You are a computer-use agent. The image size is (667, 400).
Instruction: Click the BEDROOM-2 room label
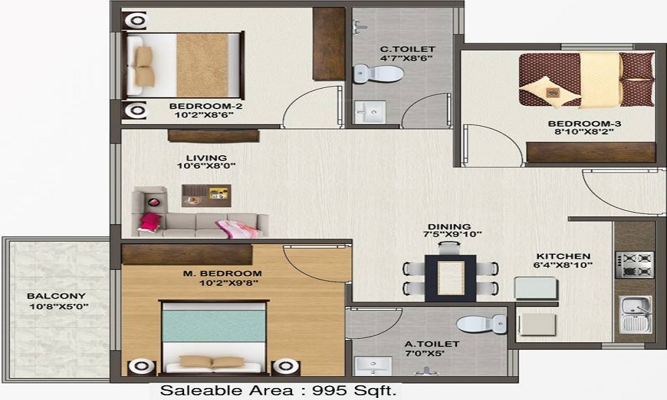coord(205,106)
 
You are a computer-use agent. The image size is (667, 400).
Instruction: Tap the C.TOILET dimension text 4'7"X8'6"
coord(406,58)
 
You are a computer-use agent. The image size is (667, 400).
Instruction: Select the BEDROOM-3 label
coord(584,124)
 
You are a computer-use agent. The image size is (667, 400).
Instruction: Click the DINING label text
coord(449,227)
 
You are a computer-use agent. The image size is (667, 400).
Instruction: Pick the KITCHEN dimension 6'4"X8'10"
coord(563,265)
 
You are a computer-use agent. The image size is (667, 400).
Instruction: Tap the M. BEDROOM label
coord(223,273)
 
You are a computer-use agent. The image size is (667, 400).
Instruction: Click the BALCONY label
coord(56,296)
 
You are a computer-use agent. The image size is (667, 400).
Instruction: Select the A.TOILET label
coord(432,344)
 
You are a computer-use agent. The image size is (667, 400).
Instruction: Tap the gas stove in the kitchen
coord(634,265)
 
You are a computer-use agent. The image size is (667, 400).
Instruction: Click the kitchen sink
coord(635,315)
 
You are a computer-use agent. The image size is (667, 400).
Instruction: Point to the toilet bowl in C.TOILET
coord(378,73)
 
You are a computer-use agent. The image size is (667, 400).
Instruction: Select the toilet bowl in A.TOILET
coord(481,325)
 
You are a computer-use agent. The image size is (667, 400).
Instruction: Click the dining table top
coord(450,278)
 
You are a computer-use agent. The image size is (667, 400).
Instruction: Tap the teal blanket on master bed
coord(214,325)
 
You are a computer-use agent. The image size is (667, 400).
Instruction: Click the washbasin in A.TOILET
coord(373,365)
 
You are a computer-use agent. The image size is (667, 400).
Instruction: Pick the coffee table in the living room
coord(206,195)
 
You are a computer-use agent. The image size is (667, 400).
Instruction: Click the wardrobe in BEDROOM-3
coord(591,152)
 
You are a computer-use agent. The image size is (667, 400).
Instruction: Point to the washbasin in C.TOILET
coord(370,112)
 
